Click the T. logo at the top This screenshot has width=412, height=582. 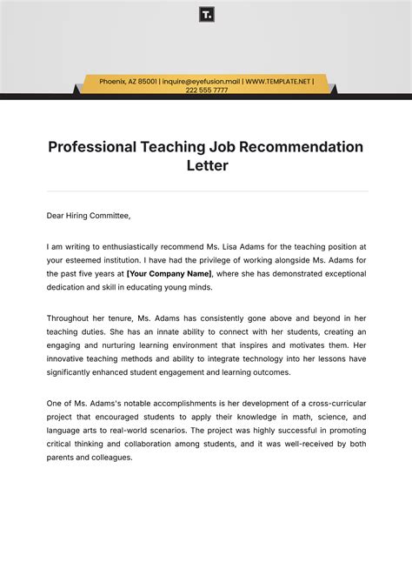206,15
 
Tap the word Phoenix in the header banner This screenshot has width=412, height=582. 113,81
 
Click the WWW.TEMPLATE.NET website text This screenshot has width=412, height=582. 277,81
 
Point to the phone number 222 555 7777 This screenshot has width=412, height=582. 206,90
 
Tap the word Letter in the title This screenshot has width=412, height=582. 206,165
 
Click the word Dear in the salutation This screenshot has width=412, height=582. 56,215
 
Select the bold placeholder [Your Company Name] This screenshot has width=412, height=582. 169,272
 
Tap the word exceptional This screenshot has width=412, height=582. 342,272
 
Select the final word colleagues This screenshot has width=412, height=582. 110,457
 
